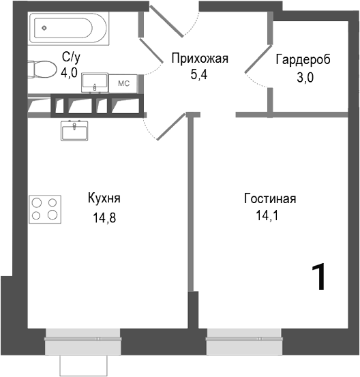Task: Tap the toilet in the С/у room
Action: click(x=44, y=70)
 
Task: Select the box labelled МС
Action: click(x=123, y=83)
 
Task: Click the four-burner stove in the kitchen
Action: click(x=45, y=208)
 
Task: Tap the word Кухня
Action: click(x=104, y=198)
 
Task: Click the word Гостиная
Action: click(x=269, y=198)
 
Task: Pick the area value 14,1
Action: click(x=267, y=217)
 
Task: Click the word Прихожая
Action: click(x=198, y=59)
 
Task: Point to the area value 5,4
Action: click(x=199, y=74)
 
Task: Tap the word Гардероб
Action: click(x=303, y=60)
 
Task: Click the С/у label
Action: click(x=71, y=57)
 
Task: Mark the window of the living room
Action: click(x=245, y=336)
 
